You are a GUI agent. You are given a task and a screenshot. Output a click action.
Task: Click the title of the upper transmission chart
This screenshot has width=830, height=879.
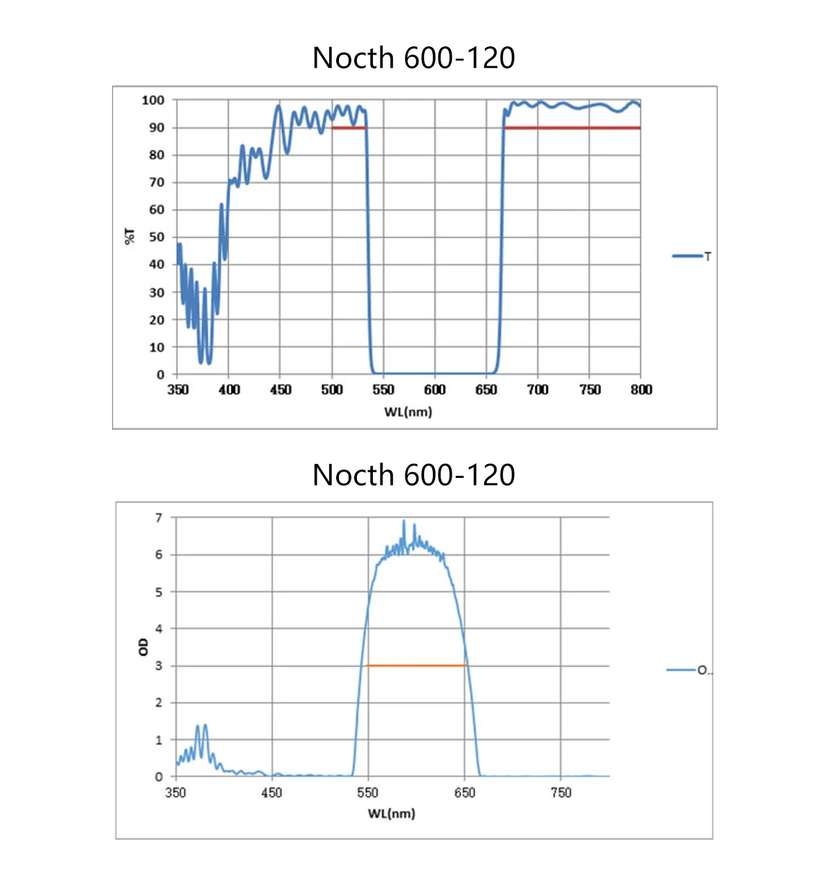coord(414,58)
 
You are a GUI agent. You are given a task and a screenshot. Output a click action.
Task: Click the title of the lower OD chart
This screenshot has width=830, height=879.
coord(414,476)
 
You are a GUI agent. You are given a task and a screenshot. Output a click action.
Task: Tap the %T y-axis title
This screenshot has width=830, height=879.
coord(130,237)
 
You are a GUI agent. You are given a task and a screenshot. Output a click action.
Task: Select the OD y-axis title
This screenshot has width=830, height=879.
coord(143,647)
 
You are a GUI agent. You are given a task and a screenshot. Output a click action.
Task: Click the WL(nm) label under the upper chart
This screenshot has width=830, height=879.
coord(408,412)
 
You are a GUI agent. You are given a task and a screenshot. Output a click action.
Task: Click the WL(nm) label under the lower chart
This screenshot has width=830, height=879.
coord(391,813)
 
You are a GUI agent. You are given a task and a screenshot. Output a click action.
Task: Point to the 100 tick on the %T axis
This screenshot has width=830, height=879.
coord(154,100)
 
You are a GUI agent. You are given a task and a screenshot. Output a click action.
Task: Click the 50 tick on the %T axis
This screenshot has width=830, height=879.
coord(157,237)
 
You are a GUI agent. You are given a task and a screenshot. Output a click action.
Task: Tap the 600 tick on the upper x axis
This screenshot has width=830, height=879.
coord(434,390)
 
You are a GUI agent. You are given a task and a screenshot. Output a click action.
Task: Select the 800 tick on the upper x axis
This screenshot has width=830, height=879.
coord(640,390)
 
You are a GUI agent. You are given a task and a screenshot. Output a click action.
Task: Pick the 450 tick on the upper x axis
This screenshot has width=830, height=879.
coord(280,390)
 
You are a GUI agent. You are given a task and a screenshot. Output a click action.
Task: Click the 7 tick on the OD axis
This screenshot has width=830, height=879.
coord(159,518)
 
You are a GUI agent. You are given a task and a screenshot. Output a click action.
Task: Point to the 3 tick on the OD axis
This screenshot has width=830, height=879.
coord(159,666)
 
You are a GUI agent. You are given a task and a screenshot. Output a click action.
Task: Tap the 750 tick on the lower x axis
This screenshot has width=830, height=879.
coord(560,793)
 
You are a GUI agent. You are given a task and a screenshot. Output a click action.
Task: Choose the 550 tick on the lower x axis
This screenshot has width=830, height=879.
coord(368,793)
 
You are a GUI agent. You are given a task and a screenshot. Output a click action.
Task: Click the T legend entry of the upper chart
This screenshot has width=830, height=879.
coord(692,257)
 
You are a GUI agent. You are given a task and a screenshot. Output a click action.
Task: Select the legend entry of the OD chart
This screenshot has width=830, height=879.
coord(688,670)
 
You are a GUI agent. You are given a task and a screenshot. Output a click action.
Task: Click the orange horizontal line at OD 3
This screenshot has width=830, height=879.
coord(415,665)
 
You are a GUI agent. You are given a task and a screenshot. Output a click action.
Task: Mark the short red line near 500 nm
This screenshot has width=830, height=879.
coord(348,128)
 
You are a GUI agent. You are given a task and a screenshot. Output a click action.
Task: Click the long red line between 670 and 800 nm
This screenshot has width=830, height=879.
coord(572,128)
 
